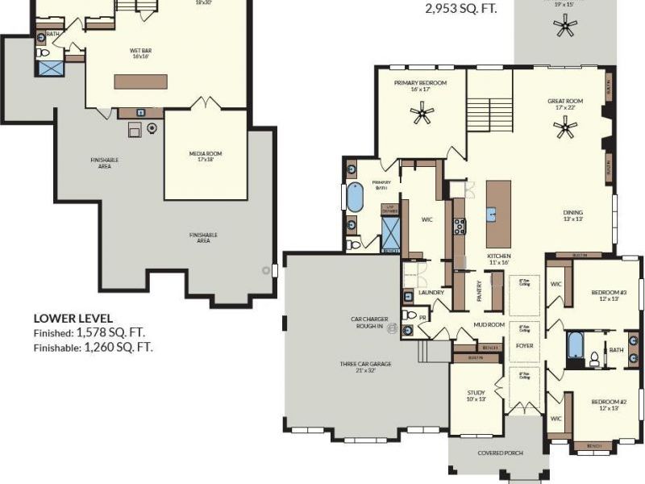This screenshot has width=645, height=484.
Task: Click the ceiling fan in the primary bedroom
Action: (x=422, y=115)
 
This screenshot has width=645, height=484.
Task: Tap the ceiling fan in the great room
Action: (x=567, y=127)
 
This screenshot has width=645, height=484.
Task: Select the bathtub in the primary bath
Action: (x=355, y=197)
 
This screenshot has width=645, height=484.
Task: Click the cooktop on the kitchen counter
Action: (x=459, y=226)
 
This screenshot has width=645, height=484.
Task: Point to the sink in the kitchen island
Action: (x=490, y=215)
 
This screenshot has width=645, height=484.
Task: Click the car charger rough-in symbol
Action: (x=394, y=328)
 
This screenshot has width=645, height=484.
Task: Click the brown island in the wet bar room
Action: (x=140, y=81)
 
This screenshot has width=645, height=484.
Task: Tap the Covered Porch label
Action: (x=497, y=453)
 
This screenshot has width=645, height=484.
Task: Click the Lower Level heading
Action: (x=73, y=319)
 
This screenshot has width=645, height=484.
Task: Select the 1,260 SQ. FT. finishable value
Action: (x=119, y=348)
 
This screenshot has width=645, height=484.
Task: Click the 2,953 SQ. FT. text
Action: (x=461, y=10)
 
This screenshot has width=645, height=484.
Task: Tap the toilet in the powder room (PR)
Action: (x=409, y=315)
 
